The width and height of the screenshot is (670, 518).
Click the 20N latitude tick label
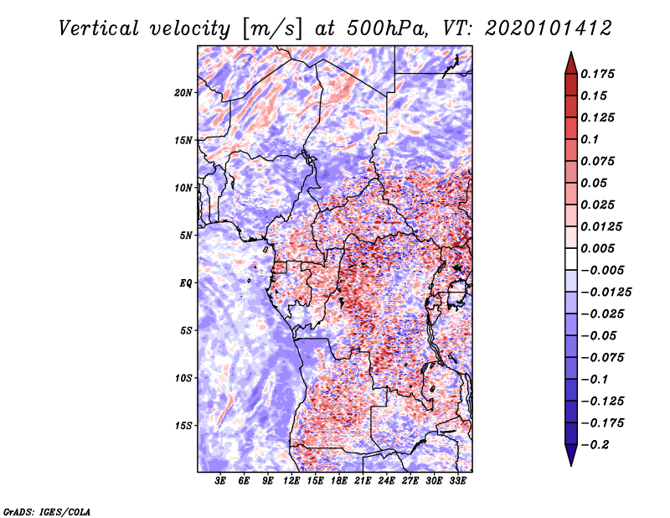pos(183,93)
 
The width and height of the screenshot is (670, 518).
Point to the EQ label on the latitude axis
pos(186,283)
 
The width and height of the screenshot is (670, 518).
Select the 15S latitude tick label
pos(183,426)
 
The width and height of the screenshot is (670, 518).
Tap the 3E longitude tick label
pos(220,481)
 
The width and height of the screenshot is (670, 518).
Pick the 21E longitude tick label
pos(363,481)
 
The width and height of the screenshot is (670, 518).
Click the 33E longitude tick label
pos(457,481)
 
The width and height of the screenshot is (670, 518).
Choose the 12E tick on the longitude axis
pos(291,481)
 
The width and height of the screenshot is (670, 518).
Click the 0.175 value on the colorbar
pos(597,74)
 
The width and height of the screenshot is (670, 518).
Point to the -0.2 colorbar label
pos(595,445)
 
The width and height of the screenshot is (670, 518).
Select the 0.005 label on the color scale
pos(597,248)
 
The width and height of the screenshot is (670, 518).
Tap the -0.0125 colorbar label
pos(606,293)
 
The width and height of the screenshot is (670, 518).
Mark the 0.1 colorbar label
pos(590,139)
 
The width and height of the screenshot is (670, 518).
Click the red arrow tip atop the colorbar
pos(571,52)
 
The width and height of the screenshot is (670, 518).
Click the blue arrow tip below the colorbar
pos(571,465)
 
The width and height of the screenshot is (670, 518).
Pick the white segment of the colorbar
pos(571,259)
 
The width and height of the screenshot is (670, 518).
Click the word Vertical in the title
pos(98,28)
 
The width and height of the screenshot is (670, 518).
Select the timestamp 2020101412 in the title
pos(549,28)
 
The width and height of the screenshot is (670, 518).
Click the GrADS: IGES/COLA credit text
pos(47,511)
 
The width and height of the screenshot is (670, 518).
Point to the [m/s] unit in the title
pos(272,29)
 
